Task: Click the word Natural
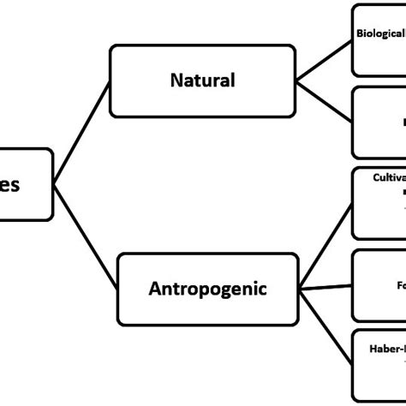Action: tap(202, 81)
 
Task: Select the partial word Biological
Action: tap(380, 37)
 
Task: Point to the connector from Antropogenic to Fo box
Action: tap(326, 286)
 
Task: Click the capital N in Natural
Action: tap(176, 81)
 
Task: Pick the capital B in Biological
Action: tap(361, 37)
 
